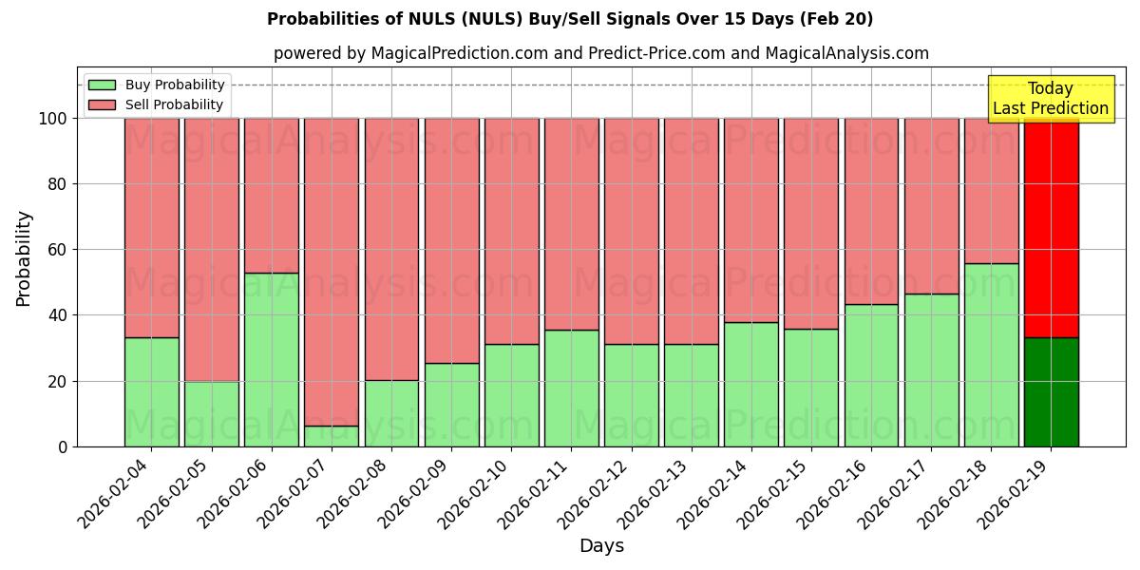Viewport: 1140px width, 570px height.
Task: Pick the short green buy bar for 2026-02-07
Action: point(331,436)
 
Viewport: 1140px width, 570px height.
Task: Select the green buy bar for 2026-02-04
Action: point(151,391)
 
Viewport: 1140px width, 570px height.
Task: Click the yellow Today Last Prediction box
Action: point(1050,99)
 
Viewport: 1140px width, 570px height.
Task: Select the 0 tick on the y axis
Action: point(64,446)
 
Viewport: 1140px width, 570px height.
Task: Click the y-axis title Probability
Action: point(24,258)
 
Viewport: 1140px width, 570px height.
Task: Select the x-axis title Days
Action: point(601,546)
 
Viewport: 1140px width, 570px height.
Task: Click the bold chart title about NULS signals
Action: point(570,19)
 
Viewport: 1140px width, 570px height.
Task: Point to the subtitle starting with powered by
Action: point(601,53)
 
